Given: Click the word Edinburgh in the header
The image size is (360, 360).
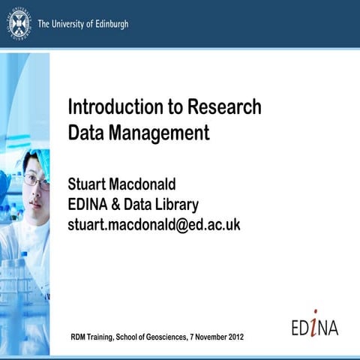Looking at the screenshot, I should coord(106,24).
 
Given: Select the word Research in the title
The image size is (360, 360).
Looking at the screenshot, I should coord(223,107).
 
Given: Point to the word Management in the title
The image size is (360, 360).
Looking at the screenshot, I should coord(158,134).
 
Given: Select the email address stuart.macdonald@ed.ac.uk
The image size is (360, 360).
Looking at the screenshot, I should coord(153,224).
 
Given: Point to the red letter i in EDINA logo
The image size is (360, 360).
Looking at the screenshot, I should coord(316,323).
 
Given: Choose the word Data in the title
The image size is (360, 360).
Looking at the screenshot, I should coord(87,134).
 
